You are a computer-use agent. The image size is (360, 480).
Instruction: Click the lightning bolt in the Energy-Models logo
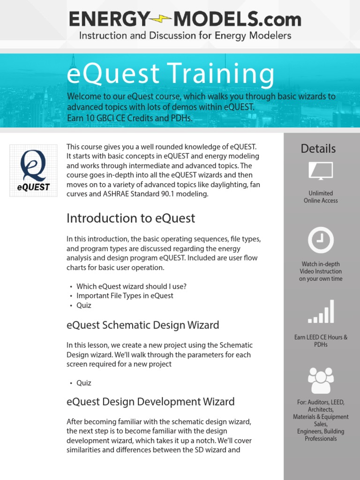click(x=161, y=19)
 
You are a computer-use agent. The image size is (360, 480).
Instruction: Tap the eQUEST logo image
click(x=33, y=171)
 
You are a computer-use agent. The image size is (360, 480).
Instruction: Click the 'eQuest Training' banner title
click(x=170, y=74)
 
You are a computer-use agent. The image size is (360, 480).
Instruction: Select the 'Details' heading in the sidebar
click(x=318, y=149)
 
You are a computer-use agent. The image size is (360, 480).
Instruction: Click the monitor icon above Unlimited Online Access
click(x=321, y=171)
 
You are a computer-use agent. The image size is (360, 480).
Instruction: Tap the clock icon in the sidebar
click(x=321, y=240)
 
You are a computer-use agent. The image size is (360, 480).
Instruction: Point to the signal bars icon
click(x=321, y=311)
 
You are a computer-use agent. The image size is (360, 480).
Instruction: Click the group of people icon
click(x=321, y=381)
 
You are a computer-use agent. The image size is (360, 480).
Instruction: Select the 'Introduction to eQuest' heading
click(x=131, y=218)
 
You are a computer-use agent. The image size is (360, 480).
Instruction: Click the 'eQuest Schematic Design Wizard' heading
click(x=142, y=325)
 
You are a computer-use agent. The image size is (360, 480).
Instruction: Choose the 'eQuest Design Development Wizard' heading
click(x=150, y=402)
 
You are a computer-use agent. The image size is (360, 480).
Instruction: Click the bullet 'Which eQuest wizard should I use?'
click(x=131, y=286)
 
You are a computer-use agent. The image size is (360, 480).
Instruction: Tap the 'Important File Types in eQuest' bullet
click(x=125, y=296)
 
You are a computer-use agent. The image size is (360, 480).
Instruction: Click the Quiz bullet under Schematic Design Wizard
click(x=84, y=383)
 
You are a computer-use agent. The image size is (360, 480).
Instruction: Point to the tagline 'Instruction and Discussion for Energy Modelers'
click(x=185, y=36)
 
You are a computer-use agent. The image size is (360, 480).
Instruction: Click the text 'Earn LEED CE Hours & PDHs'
click(x=321, y=341)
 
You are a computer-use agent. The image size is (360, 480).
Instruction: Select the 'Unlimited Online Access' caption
click(x=321, y=197)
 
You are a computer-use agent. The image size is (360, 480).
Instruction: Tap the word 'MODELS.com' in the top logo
click(x=237, y=19)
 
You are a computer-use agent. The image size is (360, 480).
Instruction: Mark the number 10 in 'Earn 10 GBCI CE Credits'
click(x=90, y=118)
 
